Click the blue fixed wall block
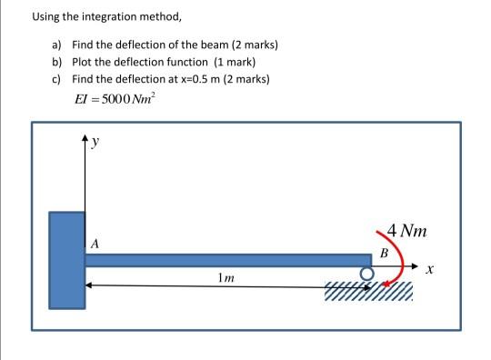point(66,259)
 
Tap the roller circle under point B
point(366,273)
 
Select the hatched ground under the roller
point(368,291)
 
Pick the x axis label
point(431,269)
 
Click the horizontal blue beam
point(227,260)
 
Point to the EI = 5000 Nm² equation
point(115,99)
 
